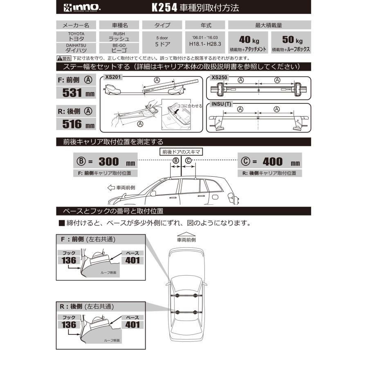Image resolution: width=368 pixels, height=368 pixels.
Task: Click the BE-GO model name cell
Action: [x=119, y=48]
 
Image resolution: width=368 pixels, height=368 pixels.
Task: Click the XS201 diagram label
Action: [x=113, y=76]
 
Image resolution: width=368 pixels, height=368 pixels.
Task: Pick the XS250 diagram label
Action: [x=220, y=76]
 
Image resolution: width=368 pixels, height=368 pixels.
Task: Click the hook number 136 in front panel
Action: [x=69, y=260]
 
